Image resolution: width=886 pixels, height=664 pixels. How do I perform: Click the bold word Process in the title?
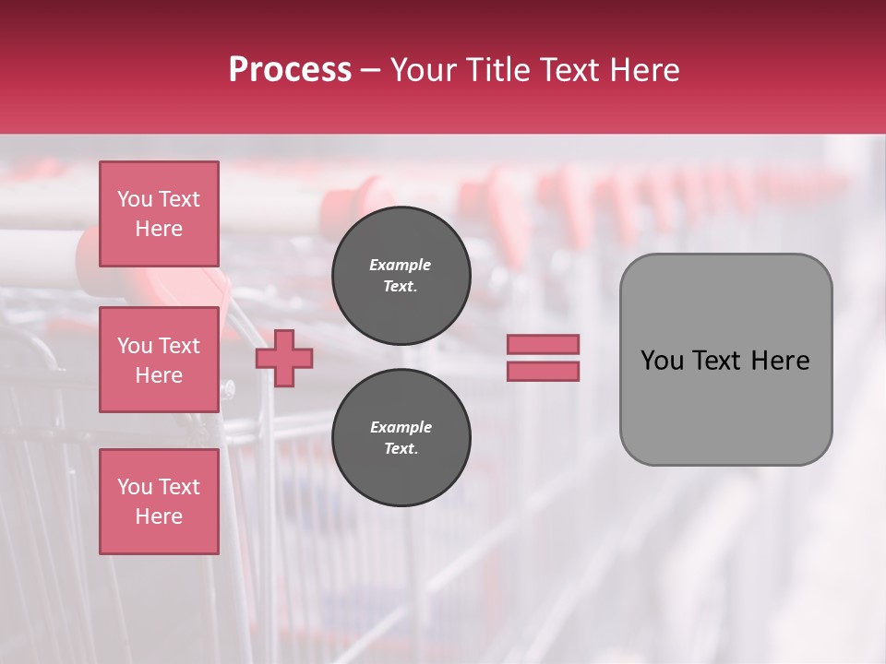point(290,70)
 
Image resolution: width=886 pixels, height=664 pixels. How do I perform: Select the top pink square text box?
point(159,214)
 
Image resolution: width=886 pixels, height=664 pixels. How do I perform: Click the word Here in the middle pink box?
point(159,375)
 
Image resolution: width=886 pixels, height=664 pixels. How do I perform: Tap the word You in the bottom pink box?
point(135,487)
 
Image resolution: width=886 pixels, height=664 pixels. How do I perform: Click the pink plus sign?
point(284,358)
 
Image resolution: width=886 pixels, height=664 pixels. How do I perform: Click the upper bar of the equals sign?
point(543,344)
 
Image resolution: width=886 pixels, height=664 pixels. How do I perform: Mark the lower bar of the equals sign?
point(543,372)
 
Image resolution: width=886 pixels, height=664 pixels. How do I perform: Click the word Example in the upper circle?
point(401,265)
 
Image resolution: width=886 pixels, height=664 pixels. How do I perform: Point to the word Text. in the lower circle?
point(401,449)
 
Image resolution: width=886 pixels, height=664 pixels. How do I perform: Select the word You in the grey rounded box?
point(661,361)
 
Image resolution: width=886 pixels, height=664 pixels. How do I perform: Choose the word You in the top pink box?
point(135,199)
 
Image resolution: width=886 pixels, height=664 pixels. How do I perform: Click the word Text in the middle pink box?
point(179,346)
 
